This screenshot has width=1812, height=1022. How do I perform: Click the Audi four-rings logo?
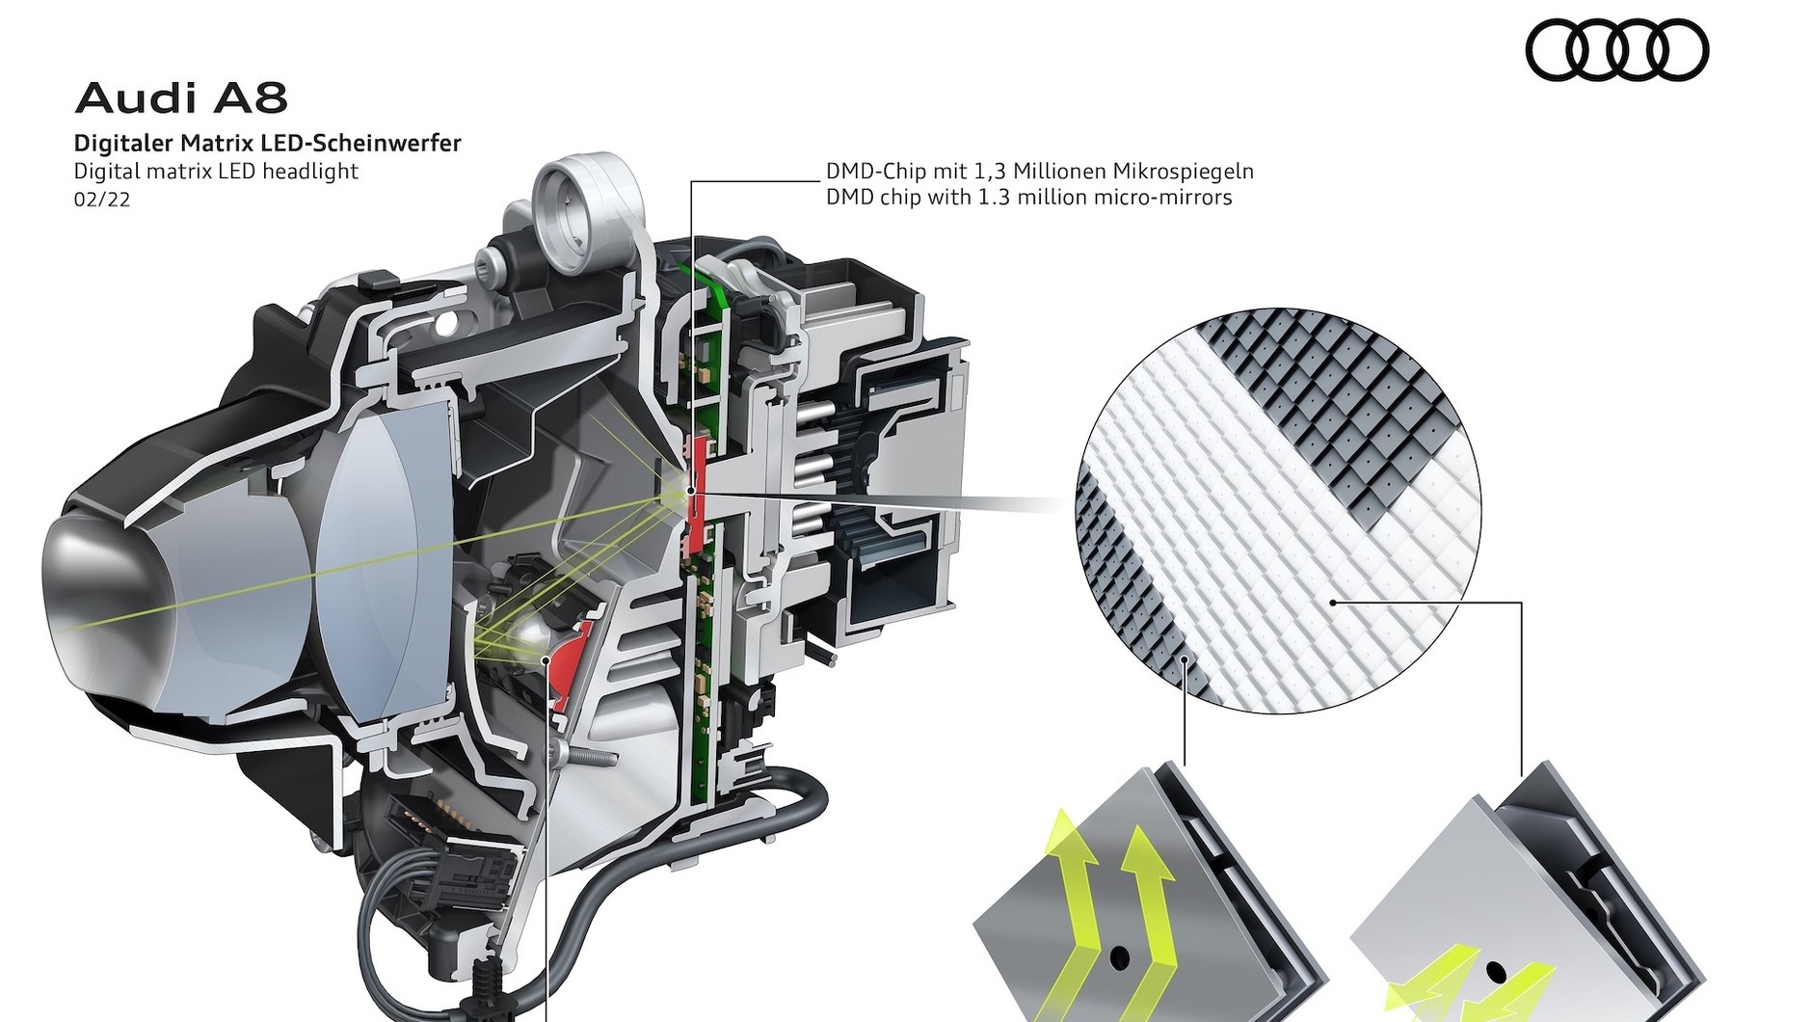point(1617,50)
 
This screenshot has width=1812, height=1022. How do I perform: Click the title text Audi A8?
point(181,98)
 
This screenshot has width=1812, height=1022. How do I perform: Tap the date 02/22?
point(102,200)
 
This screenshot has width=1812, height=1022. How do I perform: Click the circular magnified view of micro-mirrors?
point(1278,511)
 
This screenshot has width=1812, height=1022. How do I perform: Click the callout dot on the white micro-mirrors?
point(1333,603)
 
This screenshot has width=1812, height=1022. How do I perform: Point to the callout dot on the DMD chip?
point(691,492)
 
